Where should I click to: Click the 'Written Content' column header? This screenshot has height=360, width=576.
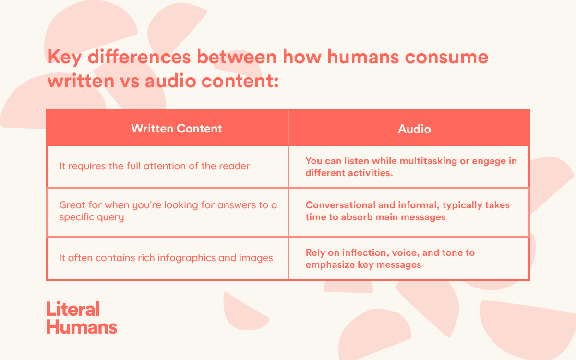(x=177, y=128)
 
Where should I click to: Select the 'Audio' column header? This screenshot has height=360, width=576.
(x=414, y=129)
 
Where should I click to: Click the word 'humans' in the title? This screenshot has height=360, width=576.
(x=363, y=57)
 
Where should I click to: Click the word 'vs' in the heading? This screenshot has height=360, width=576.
(x=130, y=82)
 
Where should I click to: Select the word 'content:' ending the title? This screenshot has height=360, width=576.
(x=240, y=81)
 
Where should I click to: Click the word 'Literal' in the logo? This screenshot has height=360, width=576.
(x=73, y=309)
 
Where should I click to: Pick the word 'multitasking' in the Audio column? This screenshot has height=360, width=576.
(x=428, y=161)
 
